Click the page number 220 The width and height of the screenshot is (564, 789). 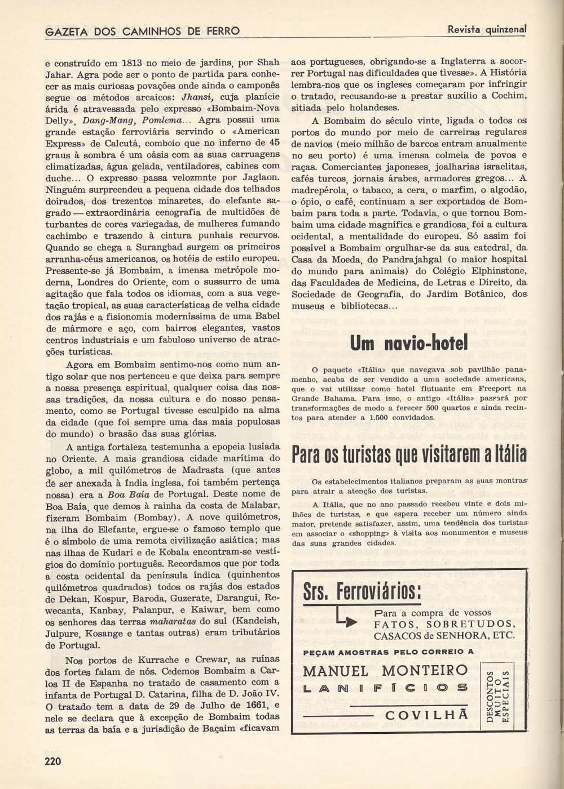click(x=53, y=761)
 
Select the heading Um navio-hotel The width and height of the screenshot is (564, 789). click(x=409, y=342)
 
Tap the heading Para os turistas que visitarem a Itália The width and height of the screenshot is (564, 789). click(x=409, y=454)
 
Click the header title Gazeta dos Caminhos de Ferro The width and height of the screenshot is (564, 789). click(x=142, y=31)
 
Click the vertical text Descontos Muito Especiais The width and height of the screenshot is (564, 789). click(x=498, y=697)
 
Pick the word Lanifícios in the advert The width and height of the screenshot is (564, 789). click(x=385, y=688)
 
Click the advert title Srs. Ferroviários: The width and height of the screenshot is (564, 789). click(x=362, y=592)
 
